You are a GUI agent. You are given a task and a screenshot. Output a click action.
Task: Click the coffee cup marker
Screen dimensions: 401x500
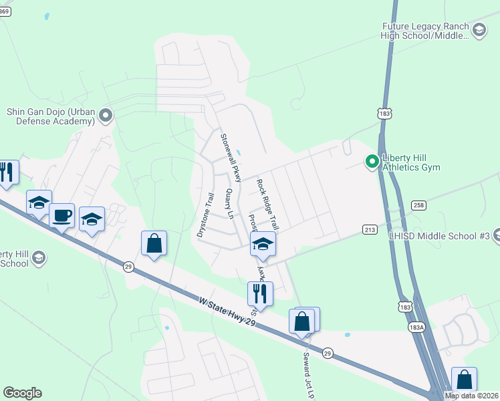61,216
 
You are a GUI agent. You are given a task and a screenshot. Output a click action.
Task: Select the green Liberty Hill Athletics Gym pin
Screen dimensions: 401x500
372,162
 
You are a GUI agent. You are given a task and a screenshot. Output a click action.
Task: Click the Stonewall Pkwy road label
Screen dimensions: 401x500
231,158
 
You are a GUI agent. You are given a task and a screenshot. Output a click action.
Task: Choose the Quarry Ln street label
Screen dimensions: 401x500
231,205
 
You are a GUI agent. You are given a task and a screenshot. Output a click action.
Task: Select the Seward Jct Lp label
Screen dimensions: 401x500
308,374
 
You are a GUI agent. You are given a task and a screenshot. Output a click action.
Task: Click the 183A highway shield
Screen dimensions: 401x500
416,327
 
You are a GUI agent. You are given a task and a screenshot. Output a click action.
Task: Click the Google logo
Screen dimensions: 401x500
22,393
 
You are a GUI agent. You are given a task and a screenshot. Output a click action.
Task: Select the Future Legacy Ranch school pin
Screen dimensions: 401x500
479,30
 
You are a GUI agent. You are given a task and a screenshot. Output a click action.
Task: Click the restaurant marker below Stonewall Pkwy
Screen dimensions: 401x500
260,294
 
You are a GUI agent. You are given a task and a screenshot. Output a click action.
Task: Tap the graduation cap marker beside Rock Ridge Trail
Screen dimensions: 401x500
263,245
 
